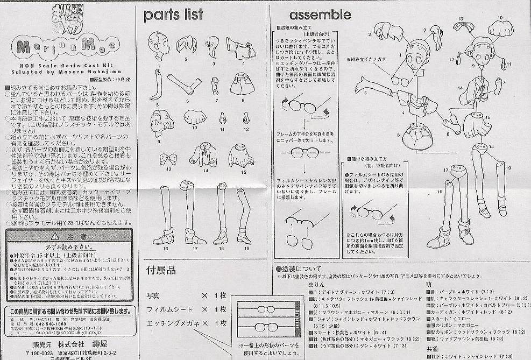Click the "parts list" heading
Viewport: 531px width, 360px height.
point(173,15)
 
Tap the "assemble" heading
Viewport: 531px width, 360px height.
point(320,15)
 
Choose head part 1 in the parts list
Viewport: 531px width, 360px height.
point(159,50)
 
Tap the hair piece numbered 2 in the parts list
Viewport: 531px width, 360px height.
point(186,44)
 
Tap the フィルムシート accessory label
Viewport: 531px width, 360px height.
point(169,309)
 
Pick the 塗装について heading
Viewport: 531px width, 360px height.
point(301,269)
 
